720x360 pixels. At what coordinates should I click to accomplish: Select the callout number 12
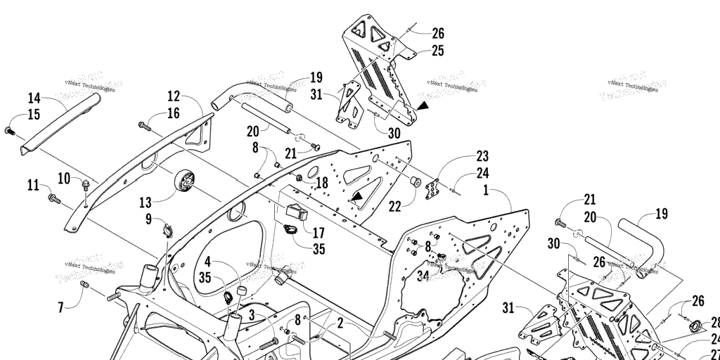click(x=174, y=96)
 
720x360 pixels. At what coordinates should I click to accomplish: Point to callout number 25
click(x=437, y=51)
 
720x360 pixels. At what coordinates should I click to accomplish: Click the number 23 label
click(x=482, y=156)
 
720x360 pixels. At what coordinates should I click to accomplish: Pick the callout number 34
click(x=423, y=276)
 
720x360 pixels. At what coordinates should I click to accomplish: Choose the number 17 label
click(x=319, y=232)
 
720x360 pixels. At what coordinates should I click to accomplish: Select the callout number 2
click(x=340, y=323)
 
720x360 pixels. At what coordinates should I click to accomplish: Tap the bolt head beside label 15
click(x=9, y=131)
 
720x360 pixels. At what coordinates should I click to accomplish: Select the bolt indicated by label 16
click(x=145, y=127)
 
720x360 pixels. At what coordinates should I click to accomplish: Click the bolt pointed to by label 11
click(x=54, y=199)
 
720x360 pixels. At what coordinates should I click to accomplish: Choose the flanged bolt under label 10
click(x=86, y=184)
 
